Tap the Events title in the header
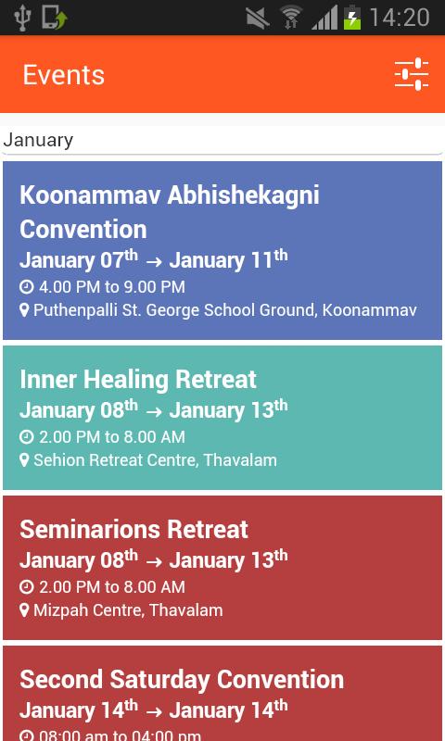[x=63, y=75]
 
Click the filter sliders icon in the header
[x=411, y=74]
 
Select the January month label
[x=38, y=141]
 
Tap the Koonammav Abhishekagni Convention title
[x=169, y=211]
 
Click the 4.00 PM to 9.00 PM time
[x=110, y=287]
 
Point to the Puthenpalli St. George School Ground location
[x=224, y=310]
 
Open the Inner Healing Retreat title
[x=137, y=379]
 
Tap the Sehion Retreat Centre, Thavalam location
[x=155, y=460]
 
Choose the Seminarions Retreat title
[x=133, y=529]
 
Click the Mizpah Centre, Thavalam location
[x=128, y=610]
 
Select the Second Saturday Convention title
[x=182, y=679]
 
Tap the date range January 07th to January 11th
[x=153, y=260]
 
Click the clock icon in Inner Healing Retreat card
[x=26, y=437]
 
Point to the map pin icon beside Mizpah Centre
[x=25, y=610]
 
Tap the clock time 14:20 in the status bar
[x=400, y=18]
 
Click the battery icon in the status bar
[x=352, y=18]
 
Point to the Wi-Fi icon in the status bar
[x=291, y=18]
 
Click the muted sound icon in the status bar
[x=258, y=18]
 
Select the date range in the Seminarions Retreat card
[x=153, y=560]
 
